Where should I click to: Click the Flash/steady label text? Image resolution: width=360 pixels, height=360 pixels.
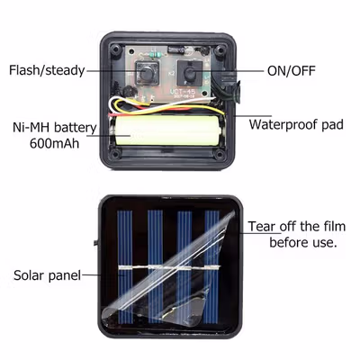pyautogui.click(x=47, y=70)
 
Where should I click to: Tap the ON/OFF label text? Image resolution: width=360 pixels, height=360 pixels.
pyautogui.click(x=292, y=71)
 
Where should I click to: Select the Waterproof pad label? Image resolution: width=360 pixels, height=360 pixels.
pyautogui.click(x=296, y=124)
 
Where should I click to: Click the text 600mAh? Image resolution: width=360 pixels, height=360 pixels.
pyautogui.click(x=54, y=143)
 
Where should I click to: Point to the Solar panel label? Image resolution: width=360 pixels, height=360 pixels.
pyautogui.click(x=48, y=275)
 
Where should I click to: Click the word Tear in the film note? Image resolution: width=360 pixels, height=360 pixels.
pyautogui.click(x=261, y=226)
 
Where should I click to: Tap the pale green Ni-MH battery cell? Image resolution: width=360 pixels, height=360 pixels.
pyautogui.click(x=168, y=131)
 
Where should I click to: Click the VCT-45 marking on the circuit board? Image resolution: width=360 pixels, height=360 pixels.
pyautogui.click(x=183, y=91)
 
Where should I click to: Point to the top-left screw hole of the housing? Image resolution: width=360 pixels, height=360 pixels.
pyautogui.click(x=115, y=49)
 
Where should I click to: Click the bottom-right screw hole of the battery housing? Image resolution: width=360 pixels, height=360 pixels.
pyautogui.click(x=220, y=154)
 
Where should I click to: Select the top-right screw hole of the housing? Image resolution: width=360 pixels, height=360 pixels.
pyautogui.click(x=220, y=49)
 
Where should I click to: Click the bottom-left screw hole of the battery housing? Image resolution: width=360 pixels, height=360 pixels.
pyautogui.click(x=116, y=154)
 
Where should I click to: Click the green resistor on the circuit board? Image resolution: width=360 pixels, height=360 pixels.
pyautogui.click(x=155, y=55)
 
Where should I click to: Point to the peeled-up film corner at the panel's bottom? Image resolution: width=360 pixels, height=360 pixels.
pyautogui.click(x=112, y=316)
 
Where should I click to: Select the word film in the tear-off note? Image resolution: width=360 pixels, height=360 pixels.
pyautogui.click(x=333, y=226)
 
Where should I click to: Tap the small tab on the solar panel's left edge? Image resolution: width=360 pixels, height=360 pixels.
pyautogui.click(x=96, y=242)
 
